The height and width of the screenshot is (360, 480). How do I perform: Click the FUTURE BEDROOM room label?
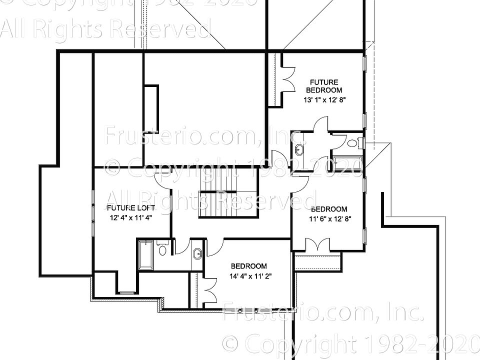coord(324,86)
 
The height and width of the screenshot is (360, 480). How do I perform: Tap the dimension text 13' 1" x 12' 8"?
coord(325,100)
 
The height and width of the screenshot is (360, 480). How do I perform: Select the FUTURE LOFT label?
coord(130,208)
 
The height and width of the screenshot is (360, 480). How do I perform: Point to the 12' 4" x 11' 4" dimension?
coord(130,218)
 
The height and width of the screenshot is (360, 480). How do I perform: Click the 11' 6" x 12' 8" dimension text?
coord(329,218)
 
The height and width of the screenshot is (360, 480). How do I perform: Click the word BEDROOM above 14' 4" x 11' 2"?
coord(248,266)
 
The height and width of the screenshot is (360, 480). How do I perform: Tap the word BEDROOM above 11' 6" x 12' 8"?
coord(329,209)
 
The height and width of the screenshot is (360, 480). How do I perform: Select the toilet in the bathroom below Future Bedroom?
coord(352,143)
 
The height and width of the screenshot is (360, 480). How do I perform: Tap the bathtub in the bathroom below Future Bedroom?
coord(347,163)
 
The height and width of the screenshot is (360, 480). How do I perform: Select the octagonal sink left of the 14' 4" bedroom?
coord(197,253)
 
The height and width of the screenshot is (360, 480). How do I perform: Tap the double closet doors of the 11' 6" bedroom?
coord(317,245)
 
